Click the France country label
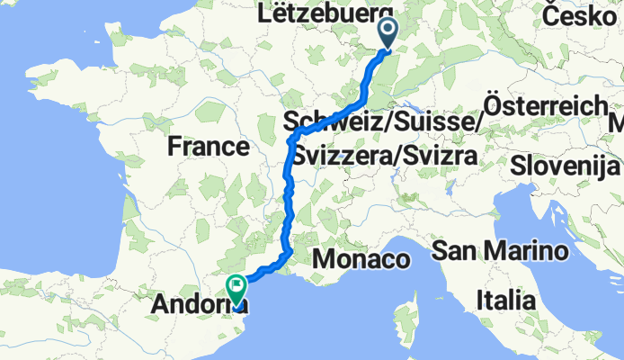point(207,146)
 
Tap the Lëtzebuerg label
point(311,14)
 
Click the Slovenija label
point(565,166)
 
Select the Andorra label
point(198,301)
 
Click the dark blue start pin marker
point(388,33)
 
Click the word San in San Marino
point(455,249)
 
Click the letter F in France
point(174,146)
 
